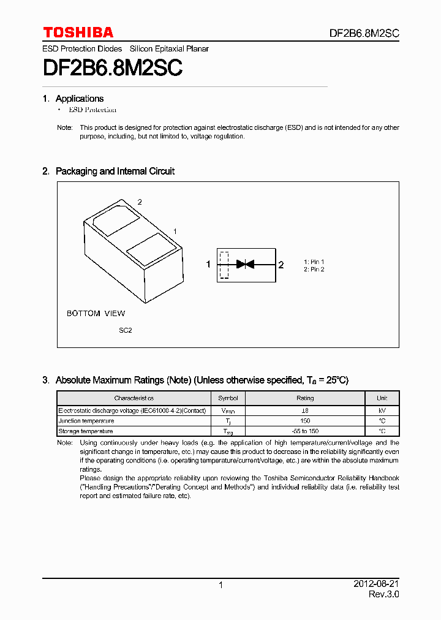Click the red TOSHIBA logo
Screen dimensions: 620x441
[78, 32]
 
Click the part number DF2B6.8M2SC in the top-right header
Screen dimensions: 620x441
[364, 34]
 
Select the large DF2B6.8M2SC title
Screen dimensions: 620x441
[112, 67]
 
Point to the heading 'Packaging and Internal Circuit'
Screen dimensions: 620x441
[115, 172]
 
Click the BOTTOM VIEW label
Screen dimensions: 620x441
[96, 314]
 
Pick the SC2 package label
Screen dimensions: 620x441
[125, 330]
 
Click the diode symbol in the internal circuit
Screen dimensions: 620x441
[245, 265]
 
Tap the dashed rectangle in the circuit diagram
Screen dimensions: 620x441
[224, 265]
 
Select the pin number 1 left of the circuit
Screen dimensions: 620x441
[208, 265]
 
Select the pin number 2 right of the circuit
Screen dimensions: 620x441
[281, 265]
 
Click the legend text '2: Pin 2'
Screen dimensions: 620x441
[314, 270]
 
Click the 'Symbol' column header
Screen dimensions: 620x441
[228, 398]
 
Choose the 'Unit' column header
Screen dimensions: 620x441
[382, 398]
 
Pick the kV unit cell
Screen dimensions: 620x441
[382, 410]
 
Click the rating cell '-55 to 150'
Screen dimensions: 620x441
[304, 431]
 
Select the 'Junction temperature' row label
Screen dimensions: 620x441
[86, 421]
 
